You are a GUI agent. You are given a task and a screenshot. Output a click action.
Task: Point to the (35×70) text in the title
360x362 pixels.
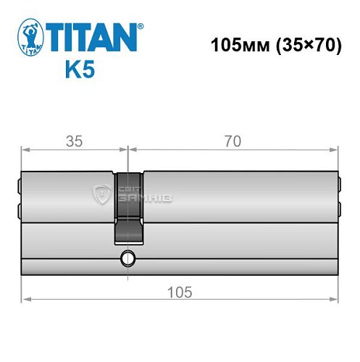point(305,44)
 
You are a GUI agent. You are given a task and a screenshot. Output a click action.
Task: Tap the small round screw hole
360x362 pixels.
point(128,258)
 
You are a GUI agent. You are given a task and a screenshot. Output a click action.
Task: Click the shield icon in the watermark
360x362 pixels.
point(101,192)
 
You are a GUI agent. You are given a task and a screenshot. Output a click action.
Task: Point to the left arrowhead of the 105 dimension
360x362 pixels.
point(24,298)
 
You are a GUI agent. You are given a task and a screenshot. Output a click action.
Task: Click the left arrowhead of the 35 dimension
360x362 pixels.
point(24,150)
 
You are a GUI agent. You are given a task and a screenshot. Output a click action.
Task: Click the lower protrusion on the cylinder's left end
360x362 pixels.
point(19,210)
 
